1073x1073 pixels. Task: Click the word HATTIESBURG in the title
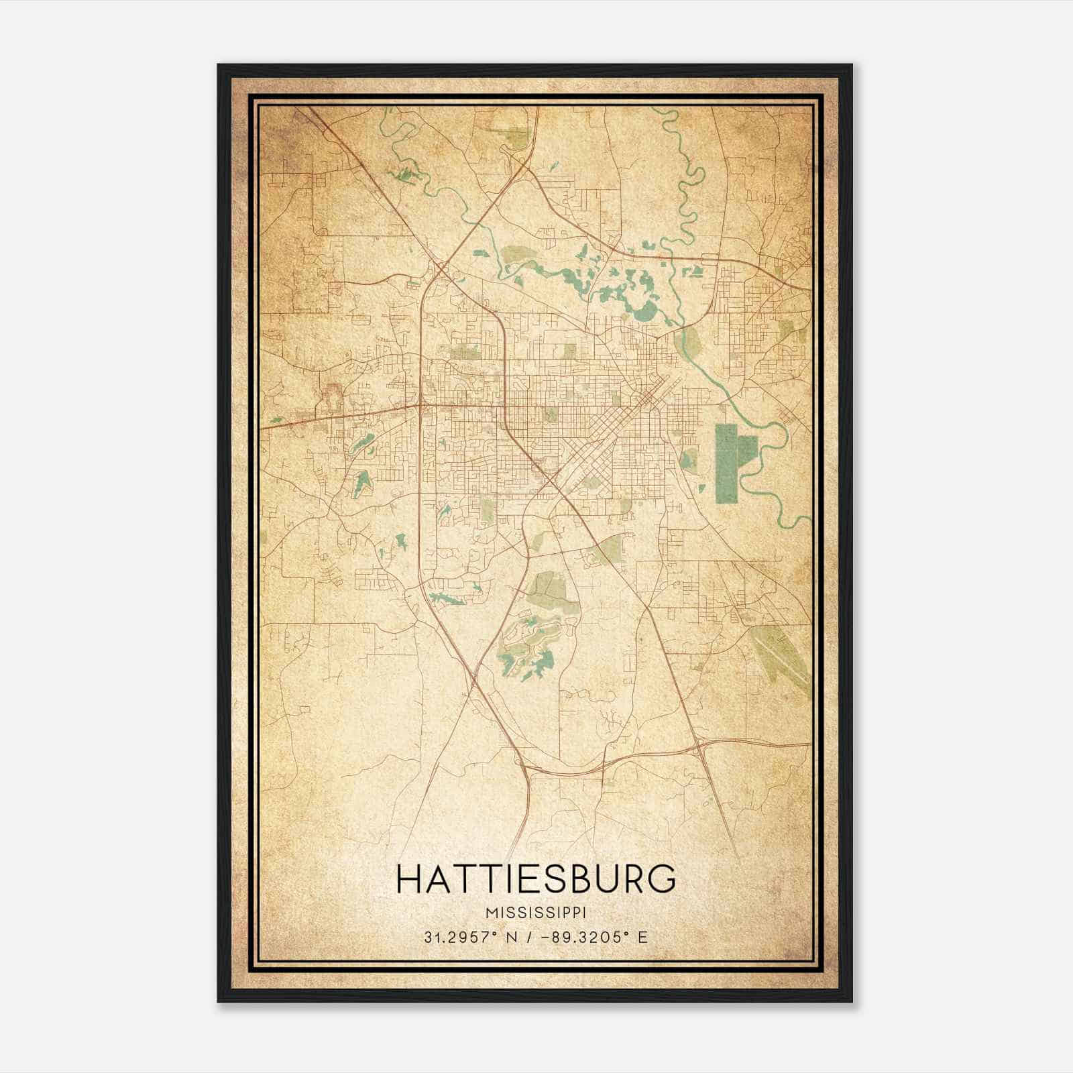[x=536, y=879]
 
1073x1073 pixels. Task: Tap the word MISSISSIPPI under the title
[x=536, y=913]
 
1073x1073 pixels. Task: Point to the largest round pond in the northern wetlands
[x=645, y=310]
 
